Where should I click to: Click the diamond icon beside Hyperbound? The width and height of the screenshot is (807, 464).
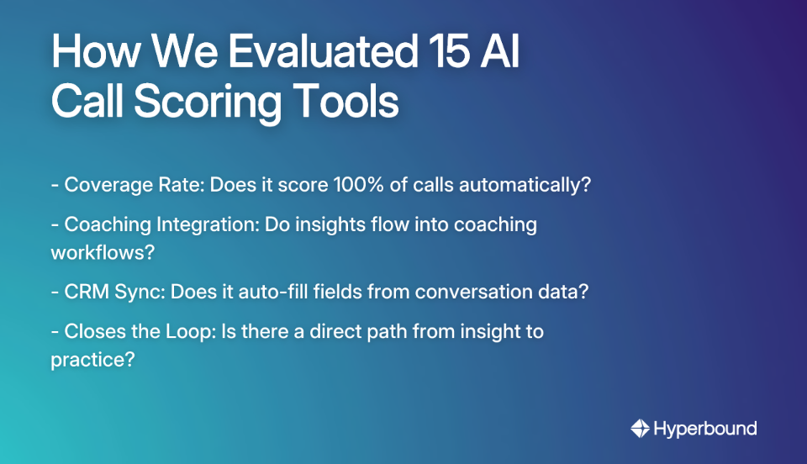point(640,429)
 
